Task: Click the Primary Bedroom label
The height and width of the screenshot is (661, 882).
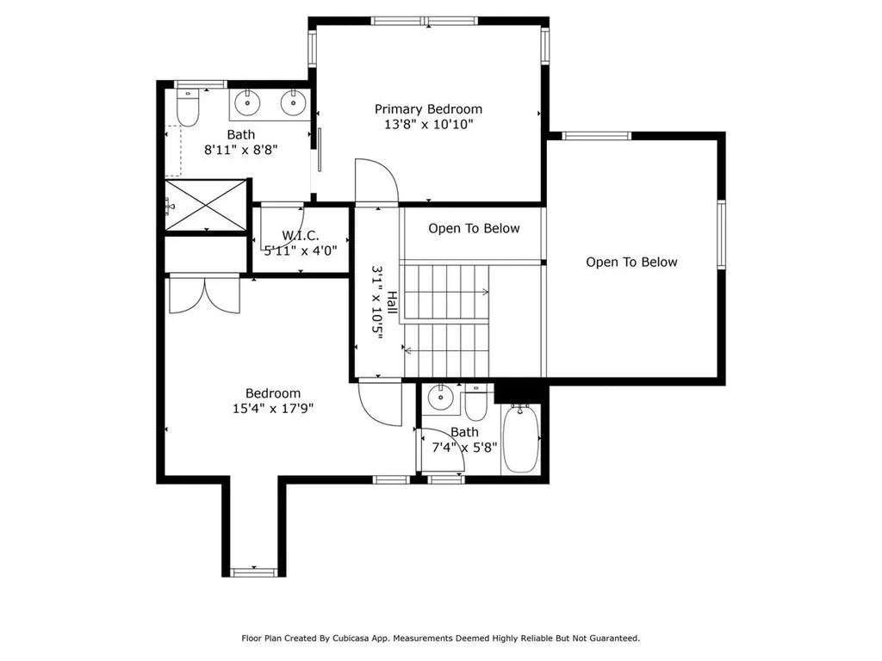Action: tap(428, 109)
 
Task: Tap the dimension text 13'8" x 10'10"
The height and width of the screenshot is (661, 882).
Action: tap(428, 125)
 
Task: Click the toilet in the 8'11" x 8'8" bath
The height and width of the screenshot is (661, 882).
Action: tap(187, 108)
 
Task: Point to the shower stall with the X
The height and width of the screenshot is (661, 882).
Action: tap(205, 205)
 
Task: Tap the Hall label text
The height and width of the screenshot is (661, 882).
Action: tap(392, 302)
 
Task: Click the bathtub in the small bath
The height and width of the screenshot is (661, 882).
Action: tap(520, 439)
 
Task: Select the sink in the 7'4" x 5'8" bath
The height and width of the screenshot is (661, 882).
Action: tap(440, 397)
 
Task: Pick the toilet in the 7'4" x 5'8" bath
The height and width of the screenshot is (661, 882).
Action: tap(475, 402)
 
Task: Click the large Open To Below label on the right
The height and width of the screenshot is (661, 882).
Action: tap(631, 263)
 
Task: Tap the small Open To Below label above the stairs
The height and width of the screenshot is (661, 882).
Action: tap(474, 229)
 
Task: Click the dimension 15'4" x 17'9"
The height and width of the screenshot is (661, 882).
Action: tap(272, 409)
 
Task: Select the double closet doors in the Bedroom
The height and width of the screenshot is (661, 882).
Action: tap(204, 293)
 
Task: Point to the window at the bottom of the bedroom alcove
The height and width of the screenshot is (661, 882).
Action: tap(253, 571)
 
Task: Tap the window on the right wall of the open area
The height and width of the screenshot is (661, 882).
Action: tap(721, 235)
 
